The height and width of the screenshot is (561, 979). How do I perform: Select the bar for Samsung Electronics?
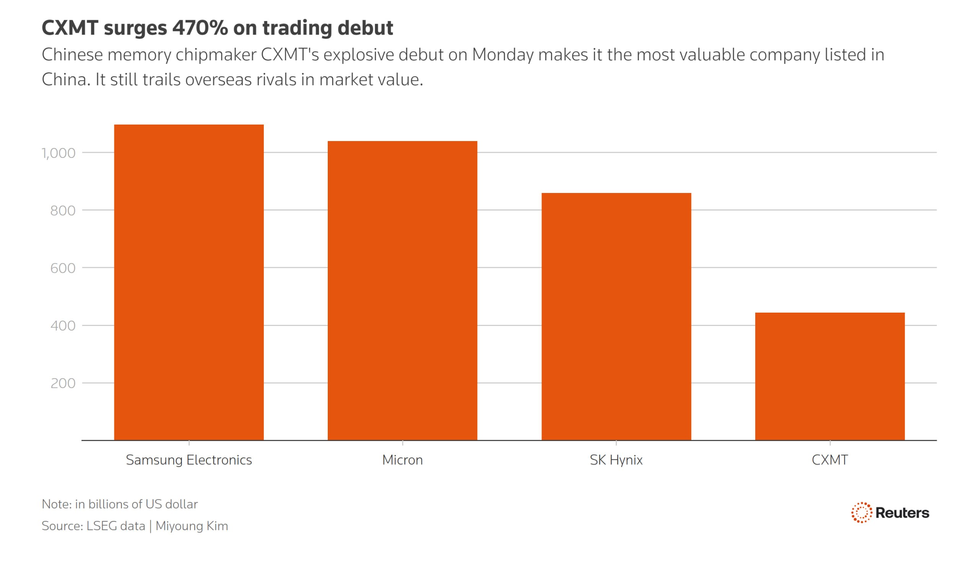point(189,282)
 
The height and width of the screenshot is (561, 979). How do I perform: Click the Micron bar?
point(403,290)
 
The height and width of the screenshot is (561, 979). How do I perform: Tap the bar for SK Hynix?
point(616,316)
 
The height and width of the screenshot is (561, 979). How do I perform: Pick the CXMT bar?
point(830,376)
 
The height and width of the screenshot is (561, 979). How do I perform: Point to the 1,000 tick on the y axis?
point(59,153)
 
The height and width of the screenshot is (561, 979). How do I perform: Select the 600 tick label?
point(63,268)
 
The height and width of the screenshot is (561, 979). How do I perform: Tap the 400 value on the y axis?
point(63,326)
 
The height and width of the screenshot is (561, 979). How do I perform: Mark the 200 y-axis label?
point(63,383)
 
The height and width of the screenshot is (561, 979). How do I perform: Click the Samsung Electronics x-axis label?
point(189,460)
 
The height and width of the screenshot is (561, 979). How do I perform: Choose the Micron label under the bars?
point(403,460)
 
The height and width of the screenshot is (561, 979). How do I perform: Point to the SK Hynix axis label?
point(616,460)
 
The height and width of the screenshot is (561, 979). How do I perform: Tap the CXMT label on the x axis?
point(830,460)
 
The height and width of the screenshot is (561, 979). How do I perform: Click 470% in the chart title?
point(200,28)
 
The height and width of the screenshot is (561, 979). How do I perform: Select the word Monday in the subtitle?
point(503,55)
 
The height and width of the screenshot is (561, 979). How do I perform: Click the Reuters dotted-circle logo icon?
point(861,512)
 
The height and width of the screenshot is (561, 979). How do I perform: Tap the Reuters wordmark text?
point(902,513)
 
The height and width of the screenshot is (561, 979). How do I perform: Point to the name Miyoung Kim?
point(192,526)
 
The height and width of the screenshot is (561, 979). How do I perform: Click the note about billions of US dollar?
point(120,504)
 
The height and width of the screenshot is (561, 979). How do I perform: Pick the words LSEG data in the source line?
point(115,526)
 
